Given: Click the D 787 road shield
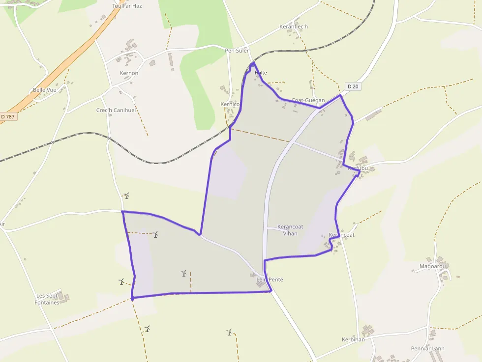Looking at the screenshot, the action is (x=7, y=116).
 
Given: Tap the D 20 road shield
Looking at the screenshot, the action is (x=353, y=86).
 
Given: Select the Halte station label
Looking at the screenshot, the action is (x=261, y=73).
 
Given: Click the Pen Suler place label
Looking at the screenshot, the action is (x=237, y=51).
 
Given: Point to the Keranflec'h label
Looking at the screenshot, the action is (x=293, y=27).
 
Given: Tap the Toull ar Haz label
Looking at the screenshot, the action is (x=127, y=6).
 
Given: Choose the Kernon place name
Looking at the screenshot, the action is (x=129, y=73).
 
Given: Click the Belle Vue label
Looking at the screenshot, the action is (x=44, y=90).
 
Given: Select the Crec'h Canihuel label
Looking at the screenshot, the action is (x=116, y=110).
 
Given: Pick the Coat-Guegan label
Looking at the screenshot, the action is (x=308, y=100).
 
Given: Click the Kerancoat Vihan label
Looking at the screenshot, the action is (x=290, y=230).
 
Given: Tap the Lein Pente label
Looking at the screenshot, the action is (x=270, y=279).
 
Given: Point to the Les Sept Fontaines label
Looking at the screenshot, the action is (x=47, y=299).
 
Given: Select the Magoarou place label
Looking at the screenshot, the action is (x=432, y=267).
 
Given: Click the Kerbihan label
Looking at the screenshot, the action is (x=353, y=339).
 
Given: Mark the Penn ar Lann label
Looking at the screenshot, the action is (x=427, y=349).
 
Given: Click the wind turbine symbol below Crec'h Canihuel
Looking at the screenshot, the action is (x=126, y=196).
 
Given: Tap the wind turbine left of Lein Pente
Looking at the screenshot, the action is (x=184, y=273).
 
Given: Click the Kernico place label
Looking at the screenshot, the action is (x=230, y=105).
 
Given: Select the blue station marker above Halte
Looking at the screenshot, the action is (x=253, y=65).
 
